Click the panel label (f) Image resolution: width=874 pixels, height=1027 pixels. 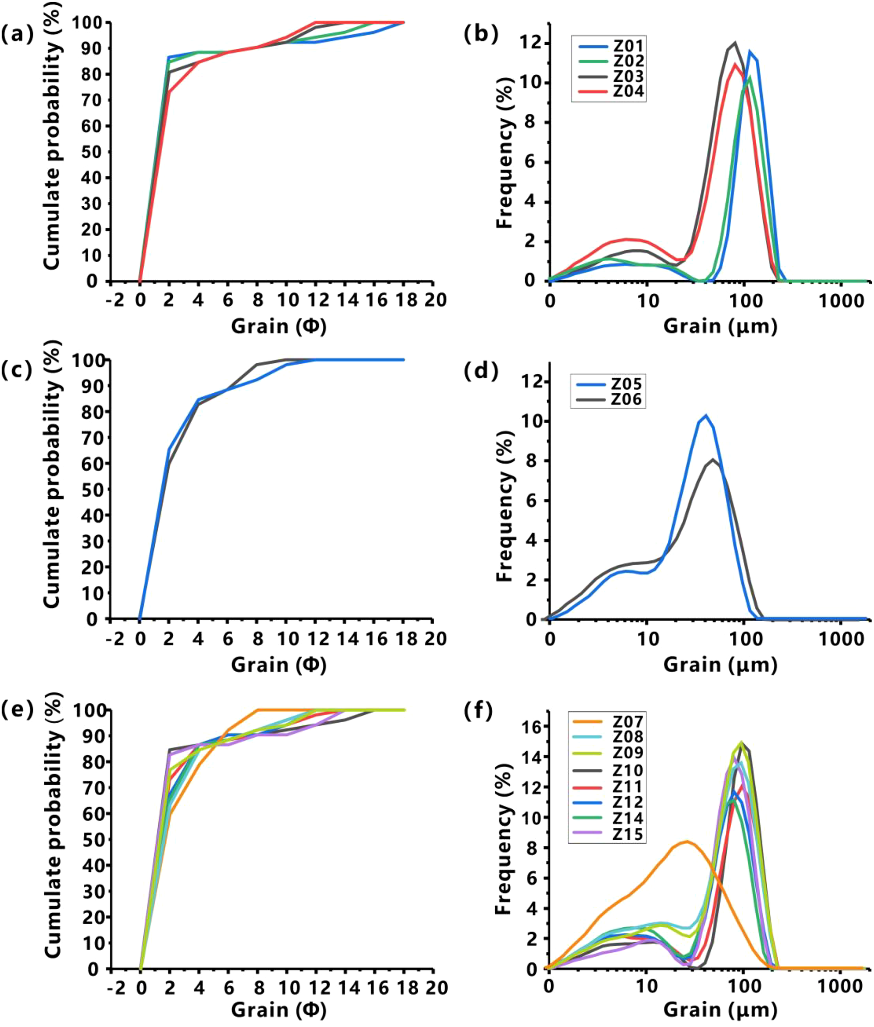pos(478,711)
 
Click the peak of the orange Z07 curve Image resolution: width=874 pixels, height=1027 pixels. pos(687,841)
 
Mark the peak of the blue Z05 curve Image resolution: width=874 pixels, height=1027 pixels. pos(706,415)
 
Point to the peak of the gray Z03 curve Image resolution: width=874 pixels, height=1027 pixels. pos(735,43)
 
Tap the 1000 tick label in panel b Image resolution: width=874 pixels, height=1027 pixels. pos(840,300)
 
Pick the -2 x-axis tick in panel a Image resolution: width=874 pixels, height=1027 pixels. pos(115,300)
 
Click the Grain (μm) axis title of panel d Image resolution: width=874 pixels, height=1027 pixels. pos(720,665)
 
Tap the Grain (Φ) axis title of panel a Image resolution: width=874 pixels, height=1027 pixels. pos(279,326)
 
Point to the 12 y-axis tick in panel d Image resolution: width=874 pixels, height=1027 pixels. pos(531,381)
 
